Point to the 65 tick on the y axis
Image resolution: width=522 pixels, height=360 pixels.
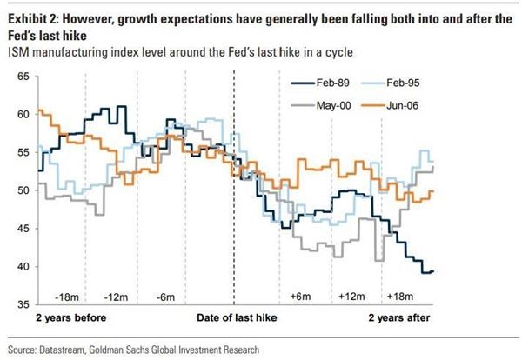23,77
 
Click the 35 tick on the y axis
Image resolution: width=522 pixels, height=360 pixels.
23,304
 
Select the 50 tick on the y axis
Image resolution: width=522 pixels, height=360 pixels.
23,190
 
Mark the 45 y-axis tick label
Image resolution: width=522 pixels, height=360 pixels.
23,229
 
